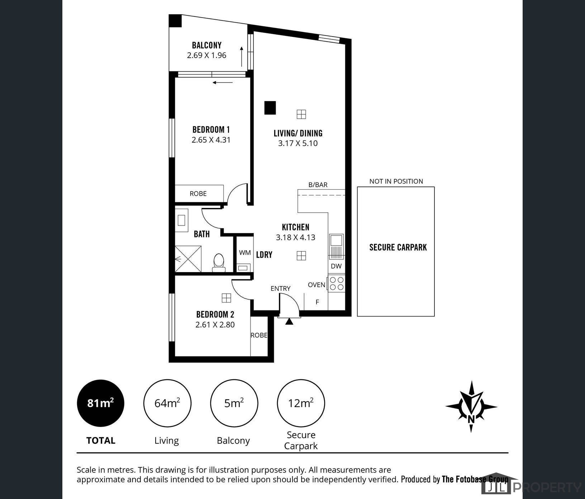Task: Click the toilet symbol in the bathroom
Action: [218, 262]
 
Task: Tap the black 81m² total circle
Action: [101, 403]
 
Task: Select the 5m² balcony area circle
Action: [234, 403]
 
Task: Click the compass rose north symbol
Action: [471, 407]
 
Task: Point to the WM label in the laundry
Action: [245, 253]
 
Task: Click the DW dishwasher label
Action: [336, 266]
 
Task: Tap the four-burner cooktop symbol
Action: [337, 284]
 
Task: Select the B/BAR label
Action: [318, 185]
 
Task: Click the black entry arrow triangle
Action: [289, 322]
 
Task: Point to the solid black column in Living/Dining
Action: [270, 108]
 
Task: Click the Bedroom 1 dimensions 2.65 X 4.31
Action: [211, 140]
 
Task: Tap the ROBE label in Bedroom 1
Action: [198, 194]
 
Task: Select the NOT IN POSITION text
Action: [396, 181]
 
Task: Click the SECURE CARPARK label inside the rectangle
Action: [398, 247]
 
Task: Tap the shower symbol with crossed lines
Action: [188, 258]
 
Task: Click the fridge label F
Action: [317, 302]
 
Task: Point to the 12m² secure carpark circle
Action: [301, 403]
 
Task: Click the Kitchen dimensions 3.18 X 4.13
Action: [295, 237]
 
